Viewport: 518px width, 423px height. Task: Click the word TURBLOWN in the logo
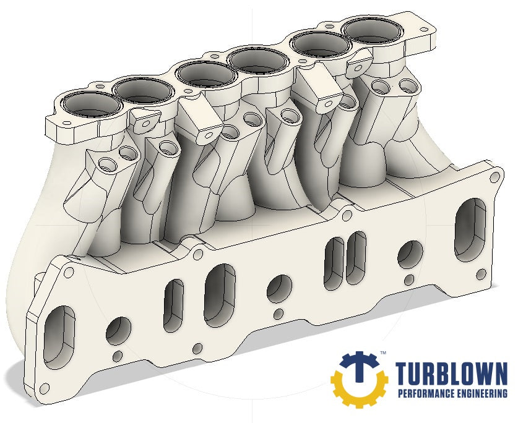pos(451,374)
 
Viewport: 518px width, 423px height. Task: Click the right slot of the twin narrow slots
pos(354,257)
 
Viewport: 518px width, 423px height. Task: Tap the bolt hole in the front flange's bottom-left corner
pos(43,389)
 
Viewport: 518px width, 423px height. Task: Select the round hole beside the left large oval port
pos(118,330)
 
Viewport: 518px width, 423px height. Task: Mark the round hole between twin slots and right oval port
pos(410,253)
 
